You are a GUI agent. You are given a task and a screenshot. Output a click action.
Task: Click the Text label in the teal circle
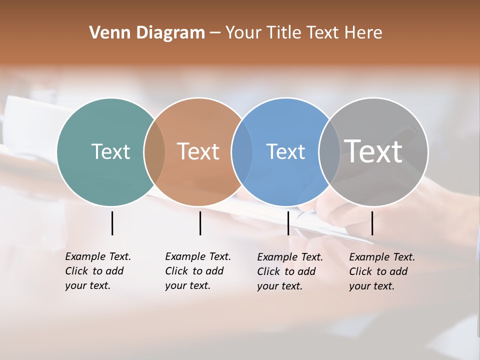click(110, 151)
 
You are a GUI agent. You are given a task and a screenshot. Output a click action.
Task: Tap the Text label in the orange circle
click(198, 151)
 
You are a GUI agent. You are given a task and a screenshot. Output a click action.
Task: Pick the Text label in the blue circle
click(285, 151)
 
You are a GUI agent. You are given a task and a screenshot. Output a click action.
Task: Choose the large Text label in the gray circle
click(373, 151)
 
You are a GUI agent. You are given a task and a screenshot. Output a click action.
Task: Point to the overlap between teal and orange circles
click(154, 151)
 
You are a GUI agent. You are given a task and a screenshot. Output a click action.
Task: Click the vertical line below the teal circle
click(112, 223)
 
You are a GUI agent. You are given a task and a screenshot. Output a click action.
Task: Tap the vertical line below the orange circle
click(200, 223)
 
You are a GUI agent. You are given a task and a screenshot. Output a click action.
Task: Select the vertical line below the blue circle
click(288, 223)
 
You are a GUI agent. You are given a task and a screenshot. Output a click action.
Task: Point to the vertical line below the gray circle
click(372, 223)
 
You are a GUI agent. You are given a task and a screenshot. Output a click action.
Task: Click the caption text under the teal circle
click(98, 271)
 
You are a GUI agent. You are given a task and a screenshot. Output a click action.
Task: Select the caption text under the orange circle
click(198, 271)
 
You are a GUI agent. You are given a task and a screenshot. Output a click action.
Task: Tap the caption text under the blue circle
click(290, 271)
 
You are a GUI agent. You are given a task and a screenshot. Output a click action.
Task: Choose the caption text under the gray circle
click(382, 271)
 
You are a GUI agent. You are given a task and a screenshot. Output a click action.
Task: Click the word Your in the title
click(244, 33)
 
